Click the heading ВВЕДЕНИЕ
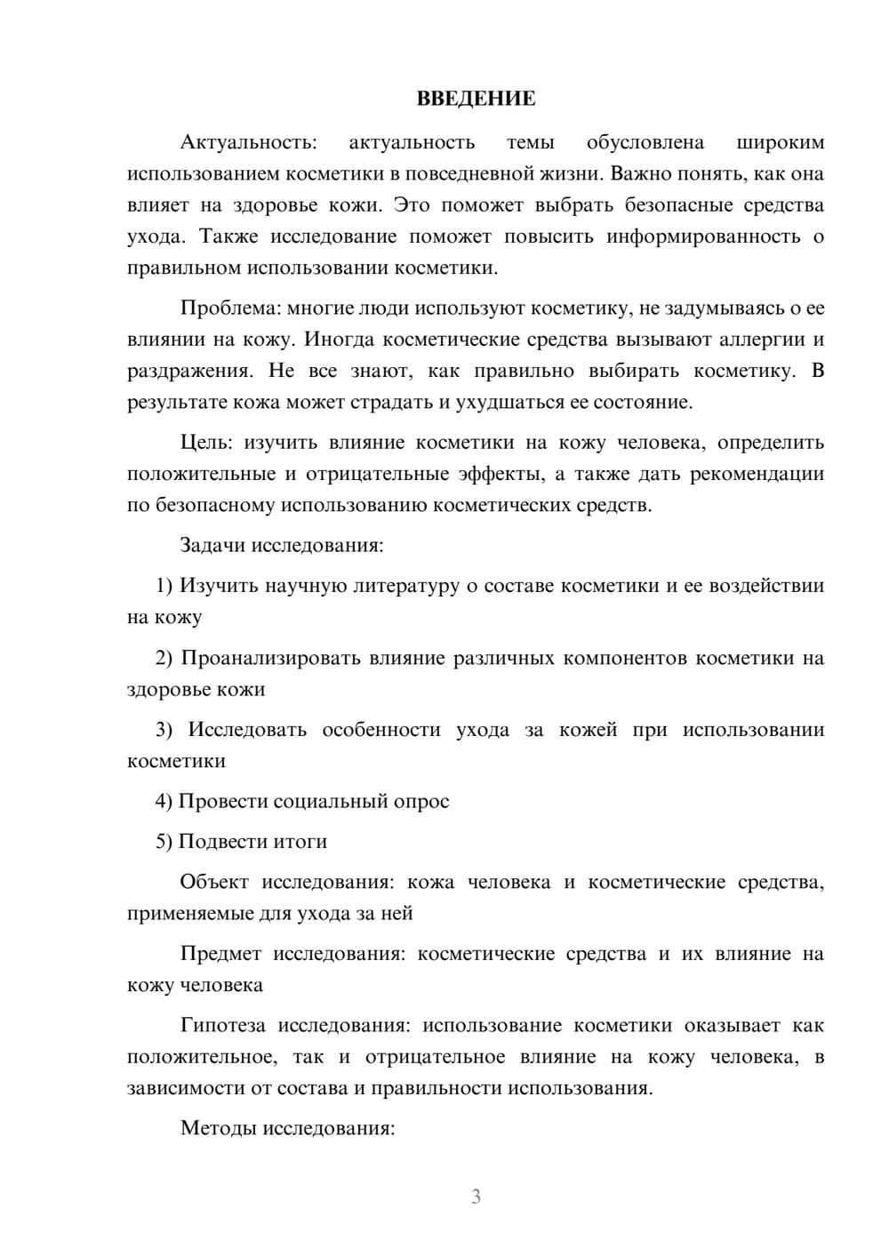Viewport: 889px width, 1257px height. (476, 99)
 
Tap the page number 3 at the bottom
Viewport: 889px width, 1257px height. (476, 1197)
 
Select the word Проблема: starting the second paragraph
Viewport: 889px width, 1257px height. (230, 308)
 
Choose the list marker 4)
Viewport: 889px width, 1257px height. (164, 801)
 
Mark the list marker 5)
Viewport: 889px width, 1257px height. (164, 841)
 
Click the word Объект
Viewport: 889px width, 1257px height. (214, 882)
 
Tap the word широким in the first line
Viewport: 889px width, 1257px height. (781, 142)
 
